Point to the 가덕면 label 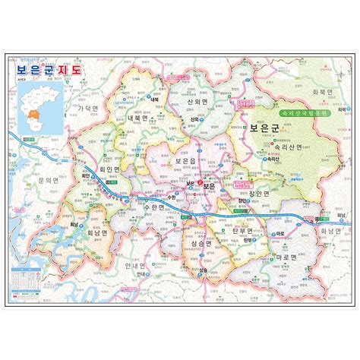(89, 109)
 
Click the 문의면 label (47, 181)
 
